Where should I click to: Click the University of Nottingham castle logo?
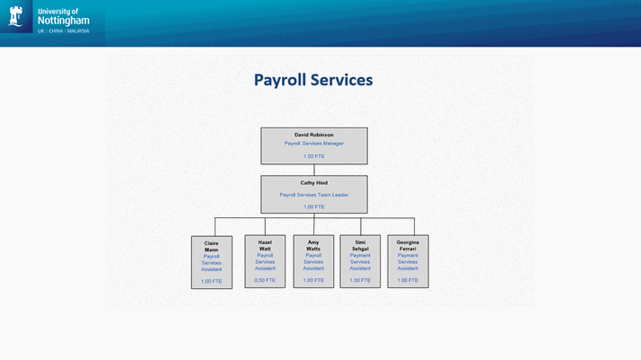click(x=16, y=16)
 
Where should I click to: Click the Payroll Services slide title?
click(x=312, y=80)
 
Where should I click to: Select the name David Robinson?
click(x=313, y=135)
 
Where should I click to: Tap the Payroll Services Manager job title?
click(x=313, y=144)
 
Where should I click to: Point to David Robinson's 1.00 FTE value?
click(x=313, y=156)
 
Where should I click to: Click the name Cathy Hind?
click(x=313, y=183)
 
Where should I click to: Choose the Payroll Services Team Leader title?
click(x=313, y=195)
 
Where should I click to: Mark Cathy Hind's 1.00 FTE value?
click(x=313, y=207)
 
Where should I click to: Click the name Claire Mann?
click(x=211, y=247)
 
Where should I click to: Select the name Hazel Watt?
click(x=265, y=245)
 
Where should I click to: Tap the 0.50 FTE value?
click(x=265, y=280)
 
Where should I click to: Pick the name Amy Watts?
click(x=313, y=245)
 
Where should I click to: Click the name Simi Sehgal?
click(x=360, y=245)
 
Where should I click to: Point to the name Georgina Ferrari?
click(x=408, y=245)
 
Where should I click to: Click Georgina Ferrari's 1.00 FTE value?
click(x=408, y=280)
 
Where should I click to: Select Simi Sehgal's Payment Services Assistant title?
click(x=360, y=261)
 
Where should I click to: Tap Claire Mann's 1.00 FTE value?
click(x=211, y=281)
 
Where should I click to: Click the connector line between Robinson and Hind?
click(x=314, y=170)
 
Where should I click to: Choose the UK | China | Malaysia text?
click(x=64, y=31)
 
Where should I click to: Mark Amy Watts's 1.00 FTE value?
click(x=313, y=280)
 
